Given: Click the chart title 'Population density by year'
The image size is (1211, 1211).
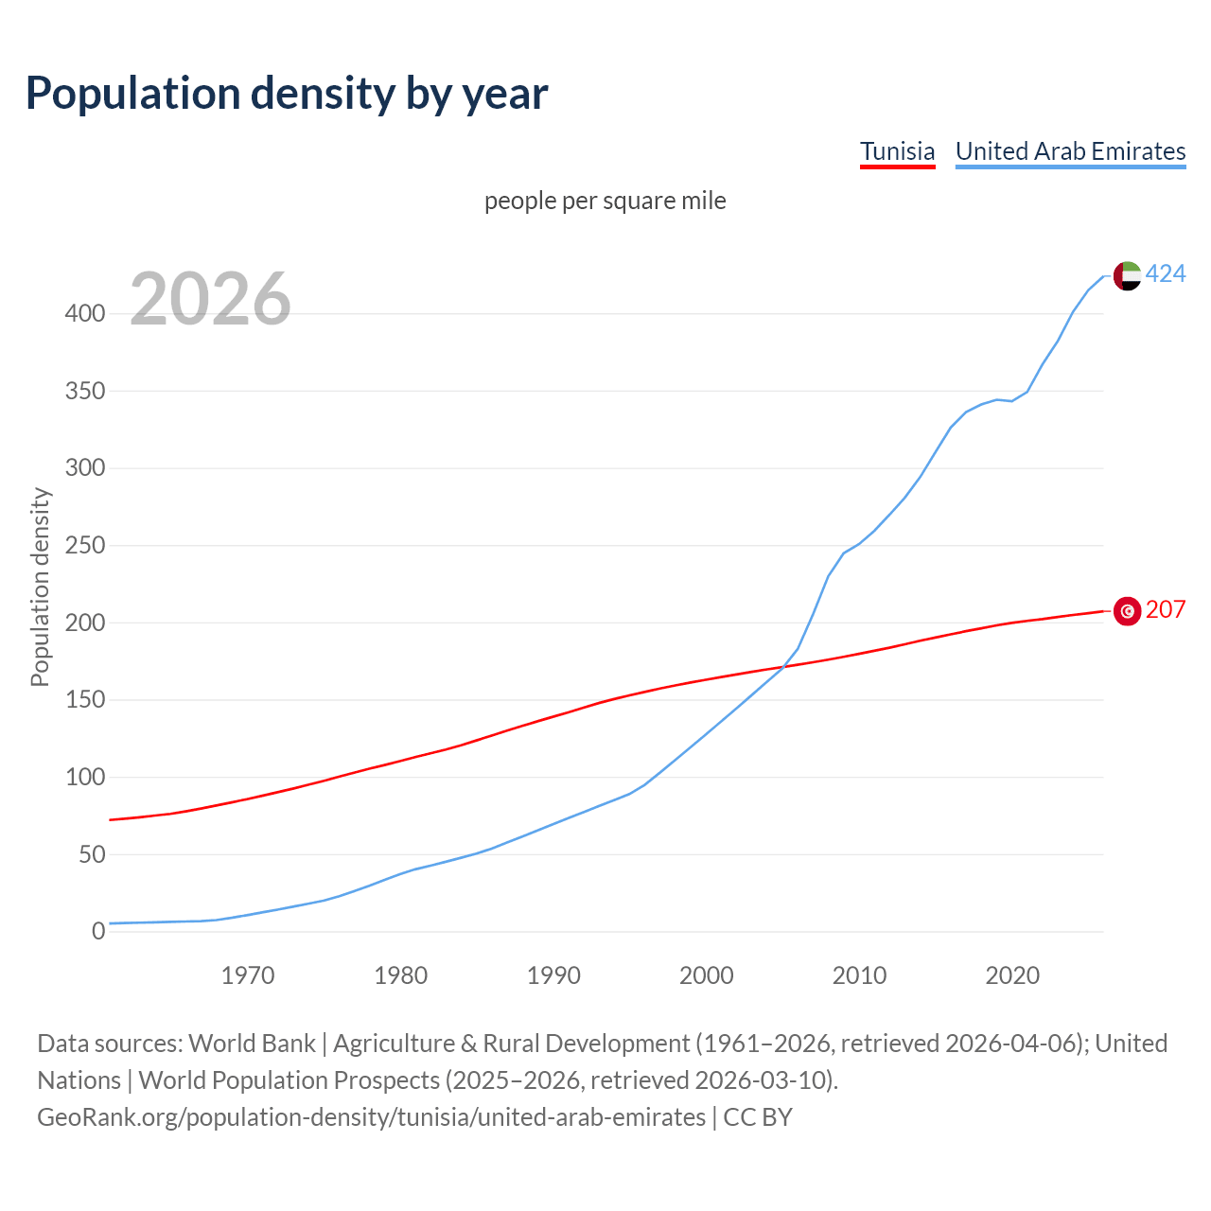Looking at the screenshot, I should click(x=287, y=94).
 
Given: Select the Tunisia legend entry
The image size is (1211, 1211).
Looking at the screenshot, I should click(x=897, y=151).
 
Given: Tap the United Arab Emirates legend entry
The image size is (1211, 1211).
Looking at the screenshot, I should click(x=1070, y=151).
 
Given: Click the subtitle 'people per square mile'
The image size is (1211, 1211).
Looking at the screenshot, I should click(x=605, y=202).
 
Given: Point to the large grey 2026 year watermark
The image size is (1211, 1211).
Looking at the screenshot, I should click(x=210, y=299).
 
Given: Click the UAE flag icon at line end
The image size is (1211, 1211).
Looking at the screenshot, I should click(x=1126, y=275).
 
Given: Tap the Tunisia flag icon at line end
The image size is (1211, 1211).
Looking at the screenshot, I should click(x=1126, y=611).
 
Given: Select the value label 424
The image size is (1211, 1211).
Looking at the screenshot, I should click(x=1166, y=274).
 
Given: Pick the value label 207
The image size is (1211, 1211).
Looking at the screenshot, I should click(x=1166, y=610).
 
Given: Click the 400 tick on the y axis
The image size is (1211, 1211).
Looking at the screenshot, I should click(x=84, y=314).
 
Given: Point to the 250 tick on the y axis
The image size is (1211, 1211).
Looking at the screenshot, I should click(x=84, y=546).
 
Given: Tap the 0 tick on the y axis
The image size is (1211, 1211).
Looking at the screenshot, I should click(x=98, y=932).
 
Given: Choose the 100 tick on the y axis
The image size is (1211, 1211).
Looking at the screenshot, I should click(x=84, y=778).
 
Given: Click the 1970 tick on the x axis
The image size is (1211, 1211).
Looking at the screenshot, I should click(x=248, y=975).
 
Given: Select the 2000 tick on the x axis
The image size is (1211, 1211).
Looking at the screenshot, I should click(x=706, y=975).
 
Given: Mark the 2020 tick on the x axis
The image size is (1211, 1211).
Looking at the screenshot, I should click(x=1012, y=975).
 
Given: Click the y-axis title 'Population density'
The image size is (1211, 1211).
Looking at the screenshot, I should click(x=40, y=587).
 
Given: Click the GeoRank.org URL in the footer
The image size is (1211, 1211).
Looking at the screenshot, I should click(x=371, y=1117).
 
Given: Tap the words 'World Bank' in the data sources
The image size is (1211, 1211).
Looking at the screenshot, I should click(x=252, y=1044).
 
